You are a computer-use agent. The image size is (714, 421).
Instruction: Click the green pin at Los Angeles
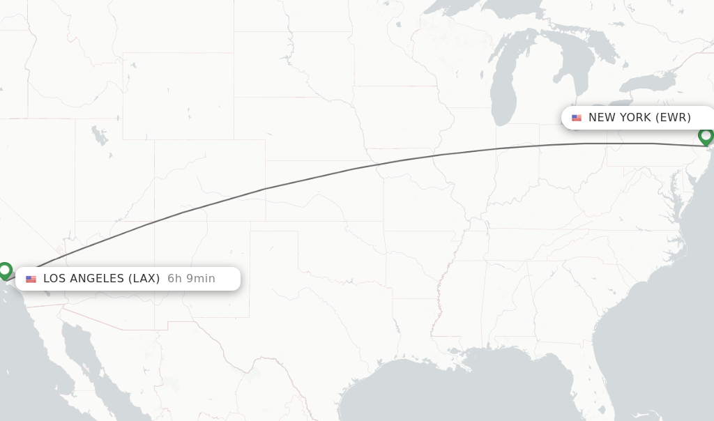(x=5, y=270)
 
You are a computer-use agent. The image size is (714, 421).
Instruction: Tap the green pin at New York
(x=706, y=135)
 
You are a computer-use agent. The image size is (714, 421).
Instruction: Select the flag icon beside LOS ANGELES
(x=31, y=279)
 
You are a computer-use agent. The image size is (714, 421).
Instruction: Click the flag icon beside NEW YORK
(x=577, y=118)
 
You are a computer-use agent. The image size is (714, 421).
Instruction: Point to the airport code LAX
(x=145, y=279)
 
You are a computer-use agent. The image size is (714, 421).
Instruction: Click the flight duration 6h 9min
(x=191, y=279)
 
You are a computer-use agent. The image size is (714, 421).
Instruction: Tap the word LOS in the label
(x=55, y=279)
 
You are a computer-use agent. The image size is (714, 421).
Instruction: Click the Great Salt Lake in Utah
(x=100, y=136)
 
